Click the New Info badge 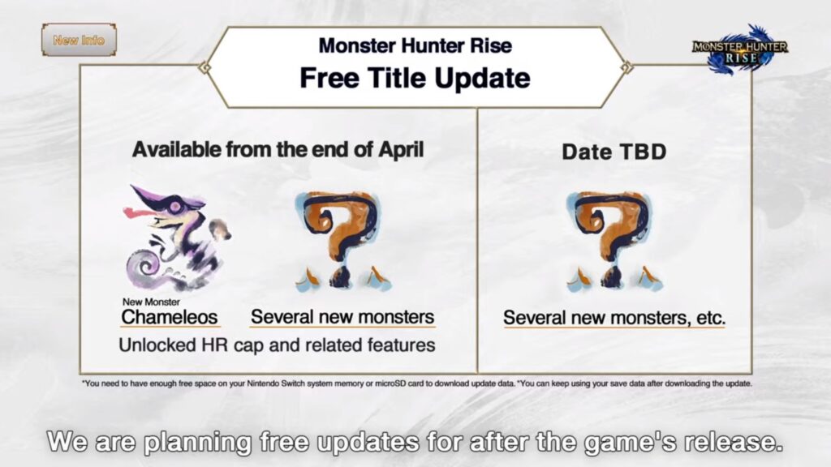(x=79, y=40)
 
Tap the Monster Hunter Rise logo (x=740, y=49)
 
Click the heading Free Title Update (x=415, y=79)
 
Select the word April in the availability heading (x=401, y=150)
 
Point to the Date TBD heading (x=614, y=152)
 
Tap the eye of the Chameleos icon (x=174, y=207)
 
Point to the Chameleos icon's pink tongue (x=139, y=213)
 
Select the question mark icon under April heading (x=343, y=241)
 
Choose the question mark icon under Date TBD (x=614, y=241)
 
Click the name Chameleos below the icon (x=170, y=317)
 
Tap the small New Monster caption (x=151, y=302)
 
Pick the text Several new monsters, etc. (x=614, y=318)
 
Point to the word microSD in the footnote (x=390, y=383)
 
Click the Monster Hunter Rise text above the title (x=415, y=45)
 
